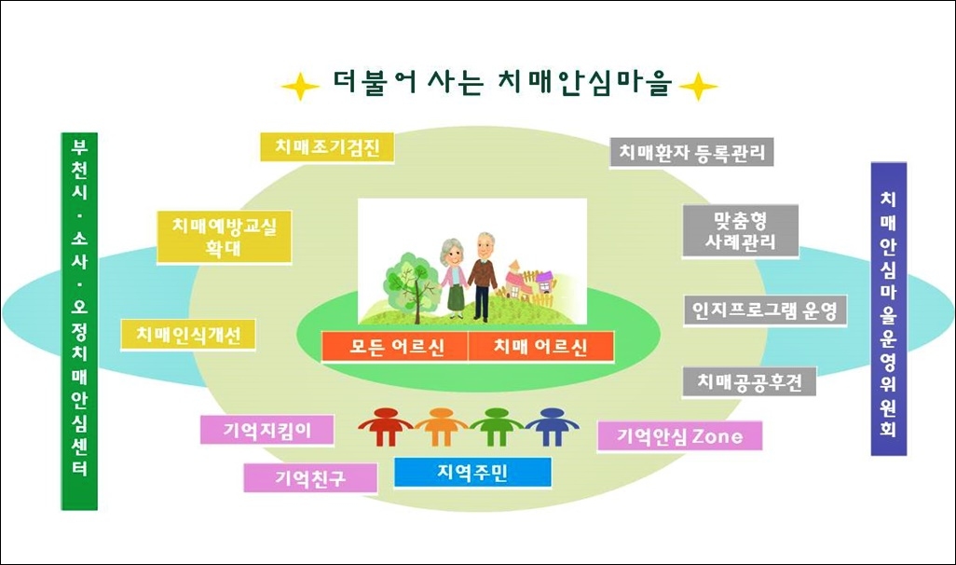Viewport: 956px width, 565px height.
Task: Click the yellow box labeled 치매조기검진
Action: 327,147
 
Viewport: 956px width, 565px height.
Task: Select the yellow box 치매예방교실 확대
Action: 225,237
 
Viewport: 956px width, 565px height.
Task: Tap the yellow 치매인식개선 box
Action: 188,335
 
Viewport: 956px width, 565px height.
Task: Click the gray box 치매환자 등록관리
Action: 691,152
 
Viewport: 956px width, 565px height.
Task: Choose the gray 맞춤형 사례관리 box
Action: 740,230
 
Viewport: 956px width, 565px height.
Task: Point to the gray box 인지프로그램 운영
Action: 765,310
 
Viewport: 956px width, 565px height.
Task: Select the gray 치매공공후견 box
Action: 749,382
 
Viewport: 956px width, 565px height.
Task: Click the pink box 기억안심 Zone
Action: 680,435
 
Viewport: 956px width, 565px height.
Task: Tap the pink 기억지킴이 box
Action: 267,430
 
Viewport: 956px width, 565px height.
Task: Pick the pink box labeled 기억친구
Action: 310,477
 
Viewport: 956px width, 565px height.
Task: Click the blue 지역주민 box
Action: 472,473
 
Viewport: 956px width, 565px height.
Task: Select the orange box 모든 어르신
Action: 395,347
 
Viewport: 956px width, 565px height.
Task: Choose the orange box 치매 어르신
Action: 540,347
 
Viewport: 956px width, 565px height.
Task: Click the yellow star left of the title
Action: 300,87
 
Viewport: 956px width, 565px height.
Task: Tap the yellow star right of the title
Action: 698,87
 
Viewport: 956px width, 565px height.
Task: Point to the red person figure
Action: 386,426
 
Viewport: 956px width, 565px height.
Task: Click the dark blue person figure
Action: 553,426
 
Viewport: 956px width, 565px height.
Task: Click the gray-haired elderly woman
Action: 454,278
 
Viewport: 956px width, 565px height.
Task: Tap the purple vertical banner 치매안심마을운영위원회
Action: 889,309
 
